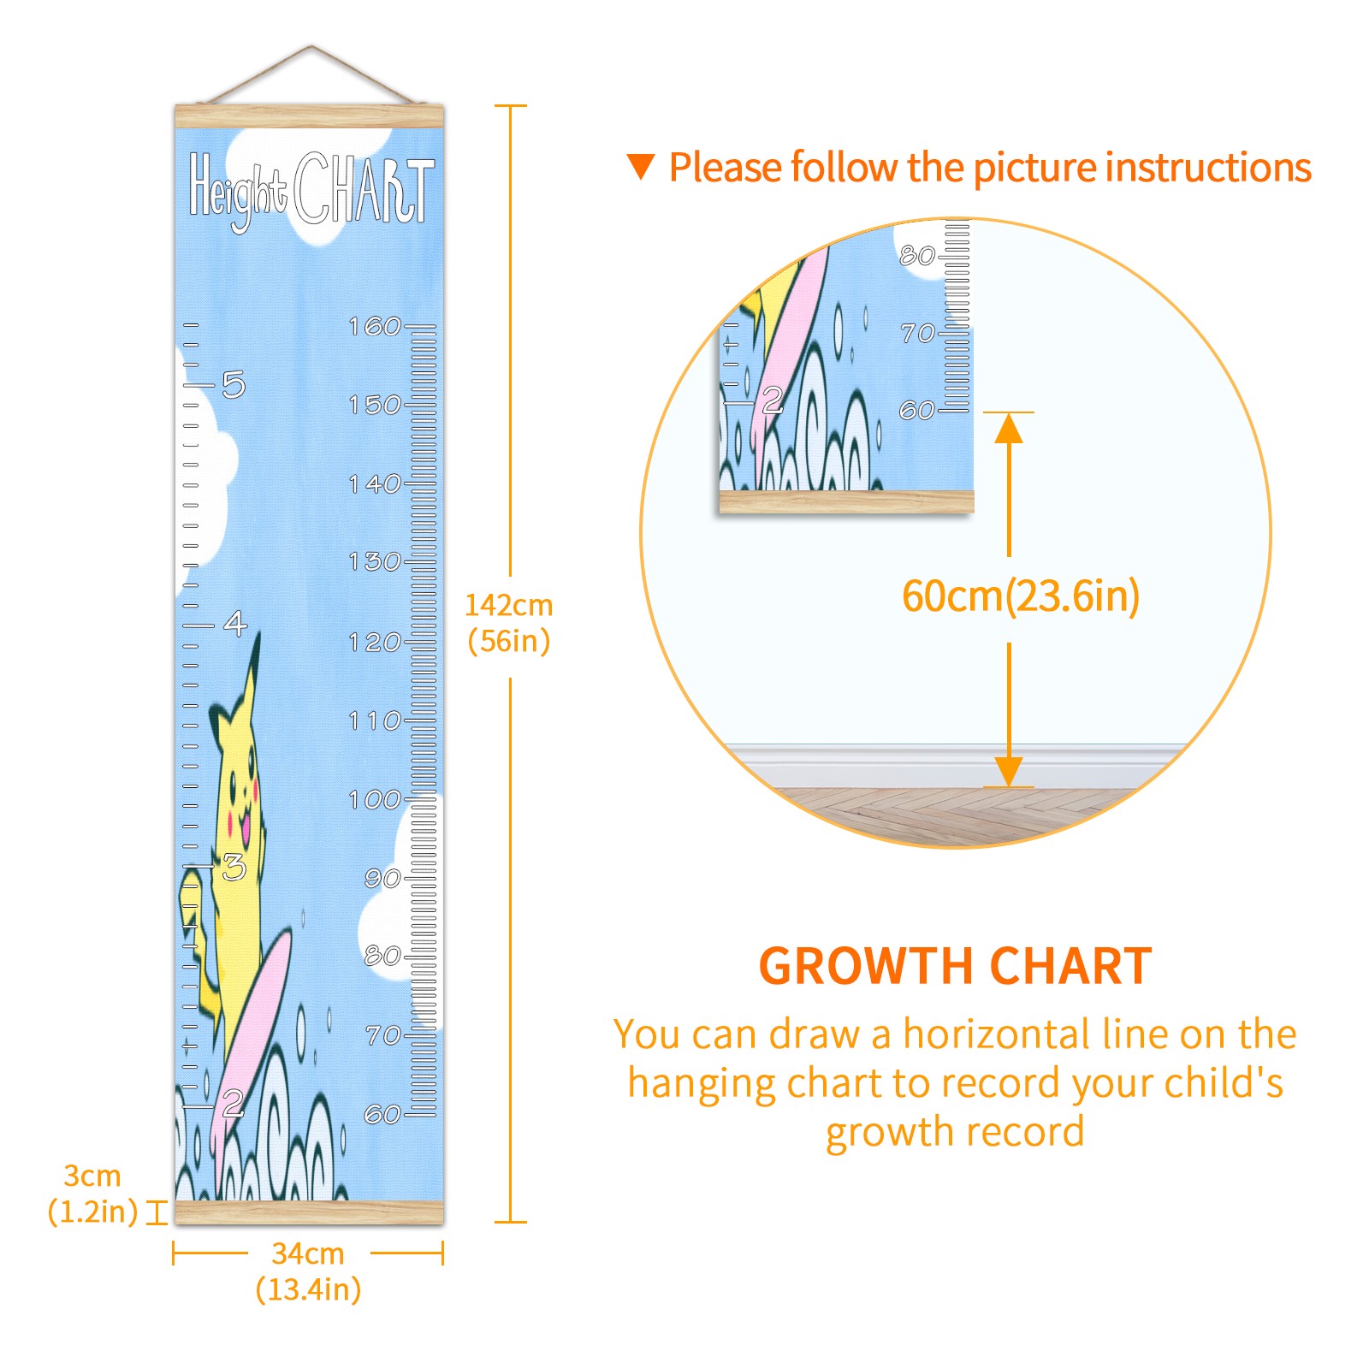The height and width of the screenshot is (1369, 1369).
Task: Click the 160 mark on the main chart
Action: (375, 326)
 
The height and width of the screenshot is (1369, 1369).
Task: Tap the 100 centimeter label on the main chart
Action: (375, 800)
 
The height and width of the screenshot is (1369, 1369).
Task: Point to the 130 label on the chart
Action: (375, 562)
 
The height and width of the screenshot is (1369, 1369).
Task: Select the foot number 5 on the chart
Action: (234, 385)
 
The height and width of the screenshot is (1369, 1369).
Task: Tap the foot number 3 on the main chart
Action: (234, 868)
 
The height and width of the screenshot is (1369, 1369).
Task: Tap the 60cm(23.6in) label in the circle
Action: (1021, 596)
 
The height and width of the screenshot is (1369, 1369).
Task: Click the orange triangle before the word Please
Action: (641, 167)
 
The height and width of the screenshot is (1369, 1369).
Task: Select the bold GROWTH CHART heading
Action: (955, 967)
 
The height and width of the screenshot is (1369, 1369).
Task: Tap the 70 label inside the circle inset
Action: (918, 333)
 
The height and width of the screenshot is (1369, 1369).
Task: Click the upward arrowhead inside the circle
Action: (1009, 428)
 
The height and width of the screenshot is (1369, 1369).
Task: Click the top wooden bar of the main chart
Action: (309, 116)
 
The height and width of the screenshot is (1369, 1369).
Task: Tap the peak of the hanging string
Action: (311, 47)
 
